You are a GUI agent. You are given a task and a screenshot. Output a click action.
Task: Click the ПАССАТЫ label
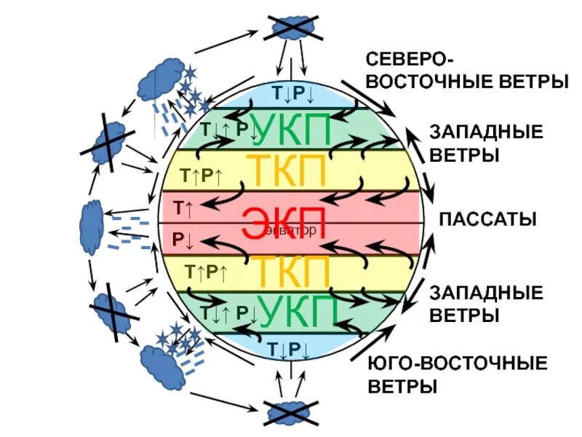pyautogui.click(x=487, y=219)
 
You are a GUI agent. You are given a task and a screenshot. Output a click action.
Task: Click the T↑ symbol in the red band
pyautogui.click(x=183, y=208)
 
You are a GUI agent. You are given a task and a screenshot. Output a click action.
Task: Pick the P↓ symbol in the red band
pyautogui.click(x=182, y=238)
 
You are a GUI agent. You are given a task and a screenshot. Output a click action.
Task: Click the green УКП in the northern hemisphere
pyautogui.click(x=291, y=130)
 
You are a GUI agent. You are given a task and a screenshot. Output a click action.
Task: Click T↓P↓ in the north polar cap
pyautogui.click(x=292, y=94)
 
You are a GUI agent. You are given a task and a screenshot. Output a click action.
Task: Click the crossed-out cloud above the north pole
pyautogui.click(x=292, y=28)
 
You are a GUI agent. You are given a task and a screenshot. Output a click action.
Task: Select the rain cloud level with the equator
pyautogui.click(x=92, y=218)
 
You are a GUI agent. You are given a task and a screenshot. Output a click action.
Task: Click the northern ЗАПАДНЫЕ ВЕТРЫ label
pyautogui.click(x=486, y=143)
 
